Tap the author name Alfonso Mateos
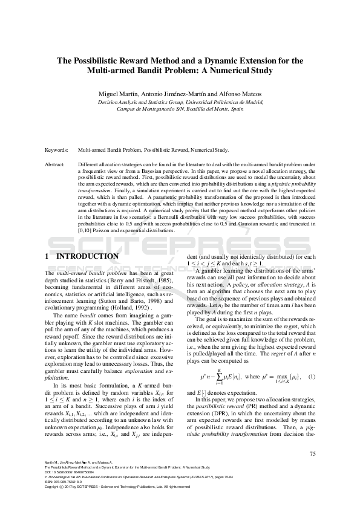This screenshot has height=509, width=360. coord(240,94)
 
